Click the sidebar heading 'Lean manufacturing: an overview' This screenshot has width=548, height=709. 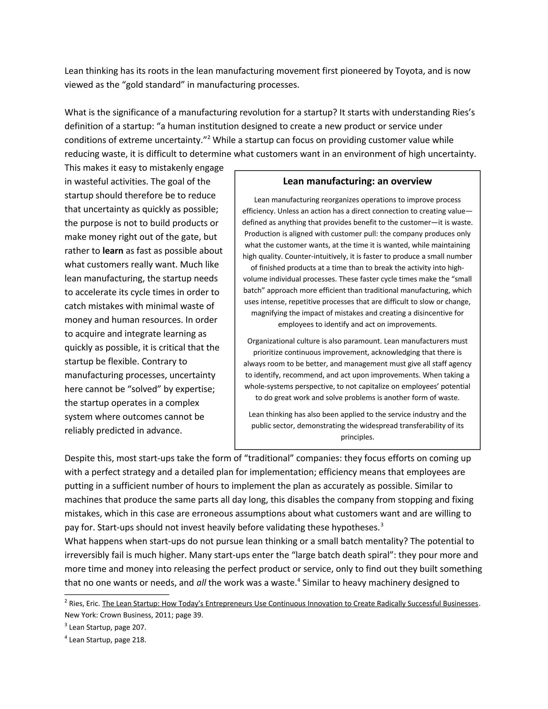click(357, 181)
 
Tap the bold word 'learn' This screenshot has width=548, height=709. click(113, 251)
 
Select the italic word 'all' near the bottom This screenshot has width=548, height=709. click(201, 583)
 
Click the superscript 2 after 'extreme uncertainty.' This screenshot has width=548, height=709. click(209, 138)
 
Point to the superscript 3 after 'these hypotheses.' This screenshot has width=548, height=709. click(382, 525)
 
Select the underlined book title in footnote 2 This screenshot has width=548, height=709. click(290, 604)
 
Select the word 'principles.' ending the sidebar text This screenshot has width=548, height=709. click(357, 437)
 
